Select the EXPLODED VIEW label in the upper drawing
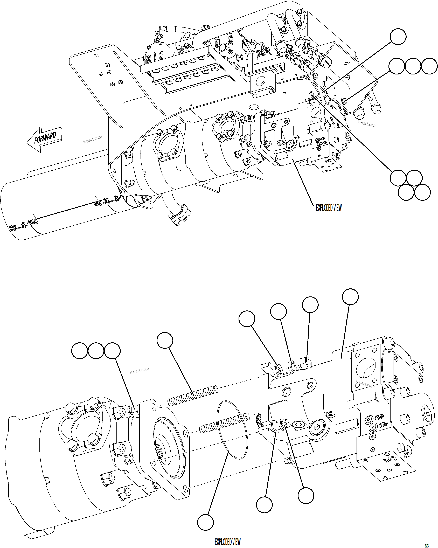(328, 208)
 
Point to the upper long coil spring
(193, 396)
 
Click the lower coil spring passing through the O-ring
(224, 423)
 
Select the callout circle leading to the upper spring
(165, 340)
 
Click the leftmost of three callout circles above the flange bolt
(80, 351)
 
